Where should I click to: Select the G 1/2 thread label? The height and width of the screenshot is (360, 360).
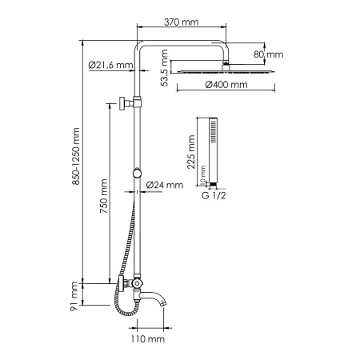coord(213,196)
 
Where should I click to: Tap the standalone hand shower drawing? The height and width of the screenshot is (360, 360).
coord(210,148)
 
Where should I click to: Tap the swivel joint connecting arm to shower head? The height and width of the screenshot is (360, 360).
coord(227,62)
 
